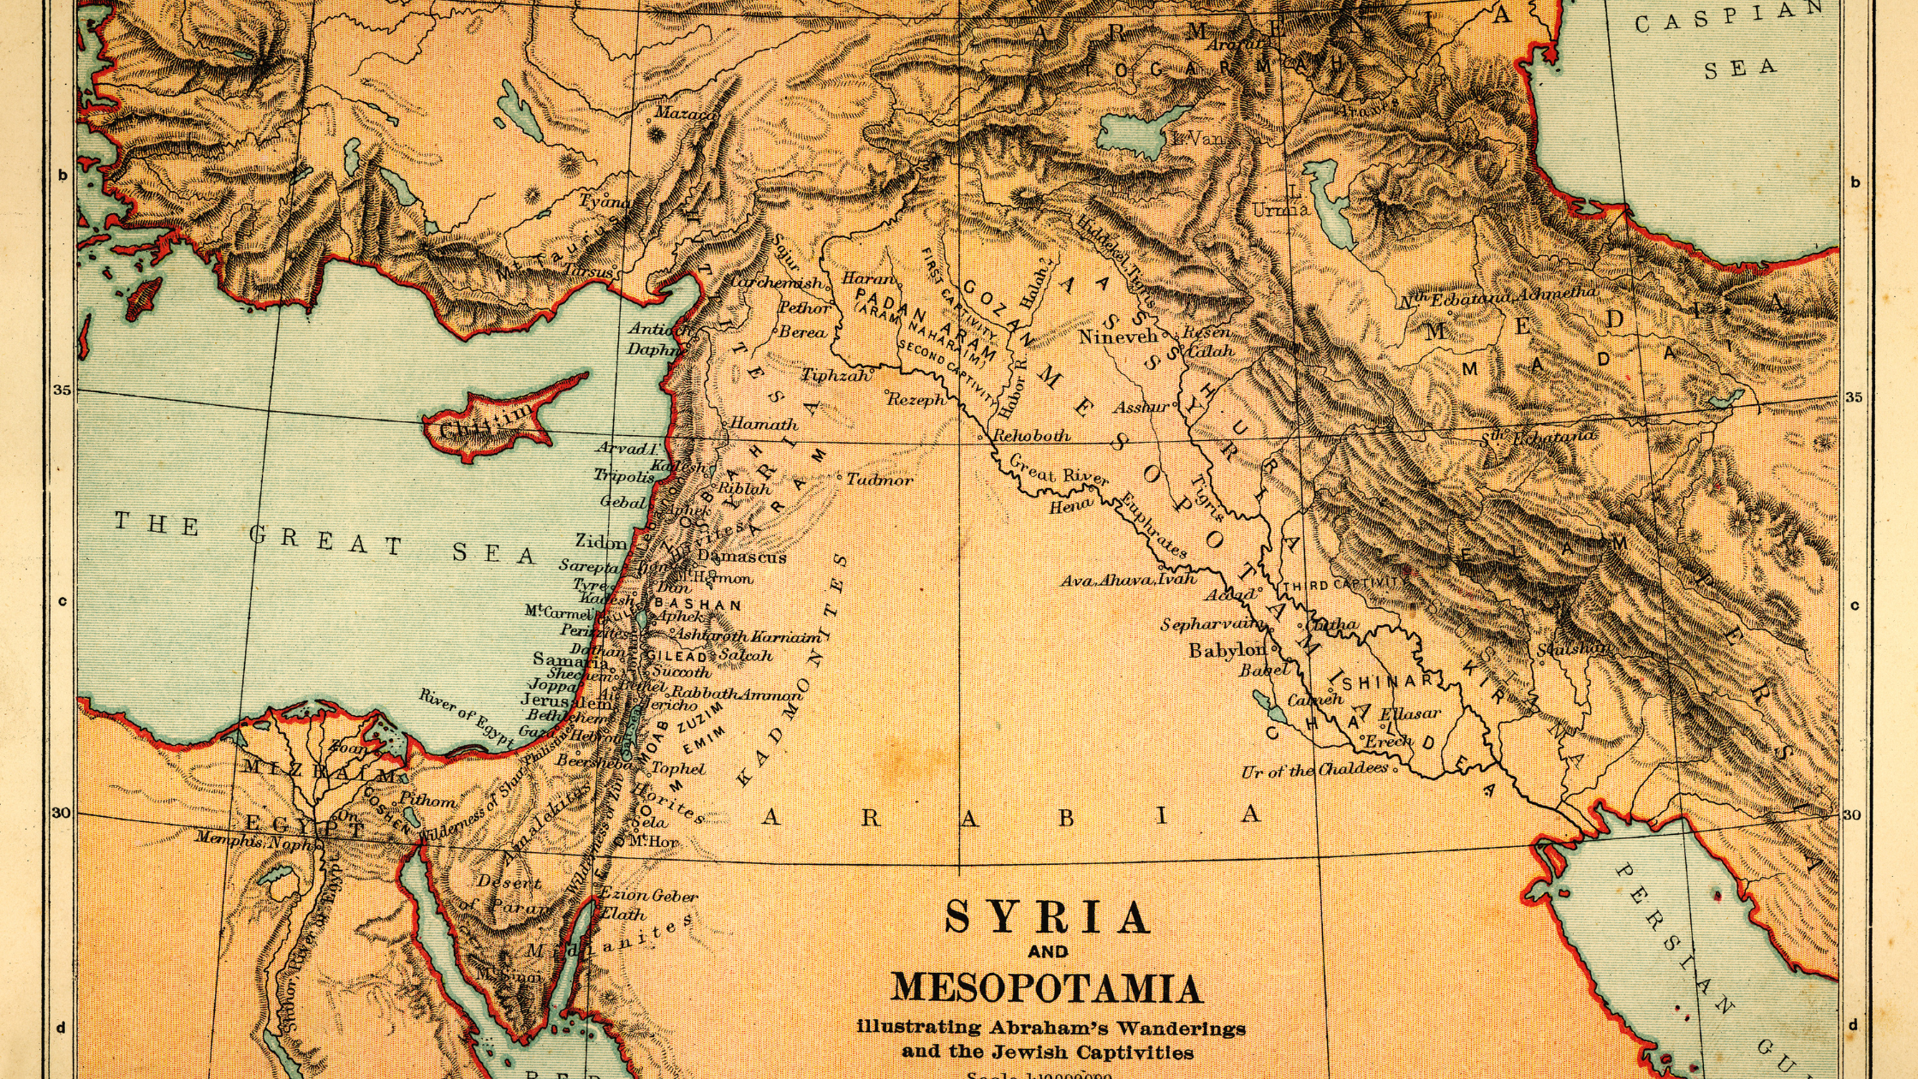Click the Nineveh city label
pos(1117,337)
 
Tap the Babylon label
pos(1226,651)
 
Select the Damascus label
pos(741,557)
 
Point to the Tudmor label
pos(879,480)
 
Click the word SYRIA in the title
pos(1047,918)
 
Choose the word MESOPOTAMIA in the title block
pos(1046,988)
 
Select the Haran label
pos(868,278)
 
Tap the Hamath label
pos(763,424)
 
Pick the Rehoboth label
pos(1031,435)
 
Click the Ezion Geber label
pos(648,896)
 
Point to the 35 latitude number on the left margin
pos(63,390)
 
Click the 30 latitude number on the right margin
pos(1852,815)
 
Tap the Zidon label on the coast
pos(600,541)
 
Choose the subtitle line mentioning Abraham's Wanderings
pos(1051,1028)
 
